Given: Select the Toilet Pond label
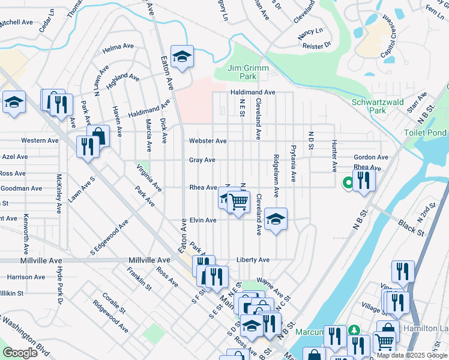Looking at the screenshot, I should tap(426, 133).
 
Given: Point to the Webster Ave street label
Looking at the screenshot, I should tap(208, 141).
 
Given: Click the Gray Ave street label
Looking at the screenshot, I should tap(202, 160).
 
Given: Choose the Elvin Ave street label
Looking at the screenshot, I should tap(203, 220).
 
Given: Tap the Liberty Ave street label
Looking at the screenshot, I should tap(254, 260).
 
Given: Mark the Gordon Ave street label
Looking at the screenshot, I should tap(371, 157).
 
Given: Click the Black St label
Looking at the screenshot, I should tap(411, 227).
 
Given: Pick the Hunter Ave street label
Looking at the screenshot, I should tap(334, 155).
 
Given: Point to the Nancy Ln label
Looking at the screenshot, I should tap(310, 30).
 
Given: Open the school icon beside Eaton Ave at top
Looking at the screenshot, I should tap(182, 56).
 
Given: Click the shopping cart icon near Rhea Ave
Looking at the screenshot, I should tap(238, 201).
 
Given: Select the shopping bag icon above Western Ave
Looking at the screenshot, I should tap(98, 136).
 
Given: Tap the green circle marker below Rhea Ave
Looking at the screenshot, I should tap(347, 184).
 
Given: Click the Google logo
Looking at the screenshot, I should tap(20, 353).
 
